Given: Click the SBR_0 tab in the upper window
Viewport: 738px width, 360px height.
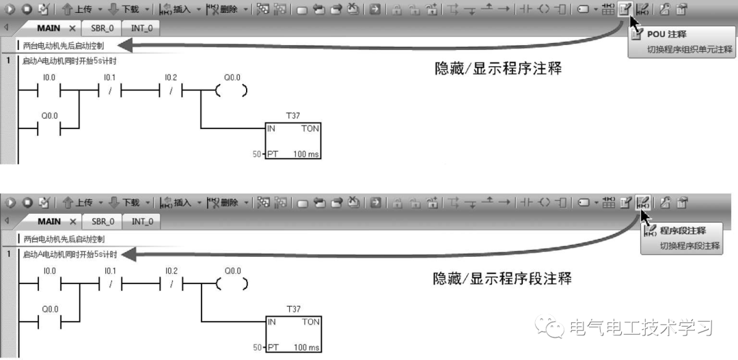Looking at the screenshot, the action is (98, 29).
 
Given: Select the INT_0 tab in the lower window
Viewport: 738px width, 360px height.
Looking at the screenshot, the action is (142, 221).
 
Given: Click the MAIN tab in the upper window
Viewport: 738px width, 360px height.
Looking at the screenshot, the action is (49, 29).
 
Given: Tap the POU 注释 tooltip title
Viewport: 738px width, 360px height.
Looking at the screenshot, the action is (666, 34).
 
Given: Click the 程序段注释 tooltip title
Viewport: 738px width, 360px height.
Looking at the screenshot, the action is (682, 230).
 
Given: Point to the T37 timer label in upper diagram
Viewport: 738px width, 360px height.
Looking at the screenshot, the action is (293, 116).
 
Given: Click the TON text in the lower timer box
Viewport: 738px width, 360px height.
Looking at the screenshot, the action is (310, 322).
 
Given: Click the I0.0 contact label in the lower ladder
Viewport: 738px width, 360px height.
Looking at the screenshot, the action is (49, 271).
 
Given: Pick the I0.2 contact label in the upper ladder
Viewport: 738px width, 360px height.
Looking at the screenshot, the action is (171, 78).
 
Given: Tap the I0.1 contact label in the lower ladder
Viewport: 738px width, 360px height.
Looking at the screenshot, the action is (110, 271).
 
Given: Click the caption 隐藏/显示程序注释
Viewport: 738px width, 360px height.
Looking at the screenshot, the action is (498, 69).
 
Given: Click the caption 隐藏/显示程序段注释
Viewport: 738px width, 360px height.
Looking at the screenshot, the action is (502, 279).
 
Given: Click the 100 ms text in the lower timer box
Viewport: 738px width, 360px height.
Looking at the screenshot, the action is (305, 348).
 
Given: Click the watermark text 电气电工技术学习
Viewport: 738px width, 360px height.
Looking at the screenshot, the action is (641, 328).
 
